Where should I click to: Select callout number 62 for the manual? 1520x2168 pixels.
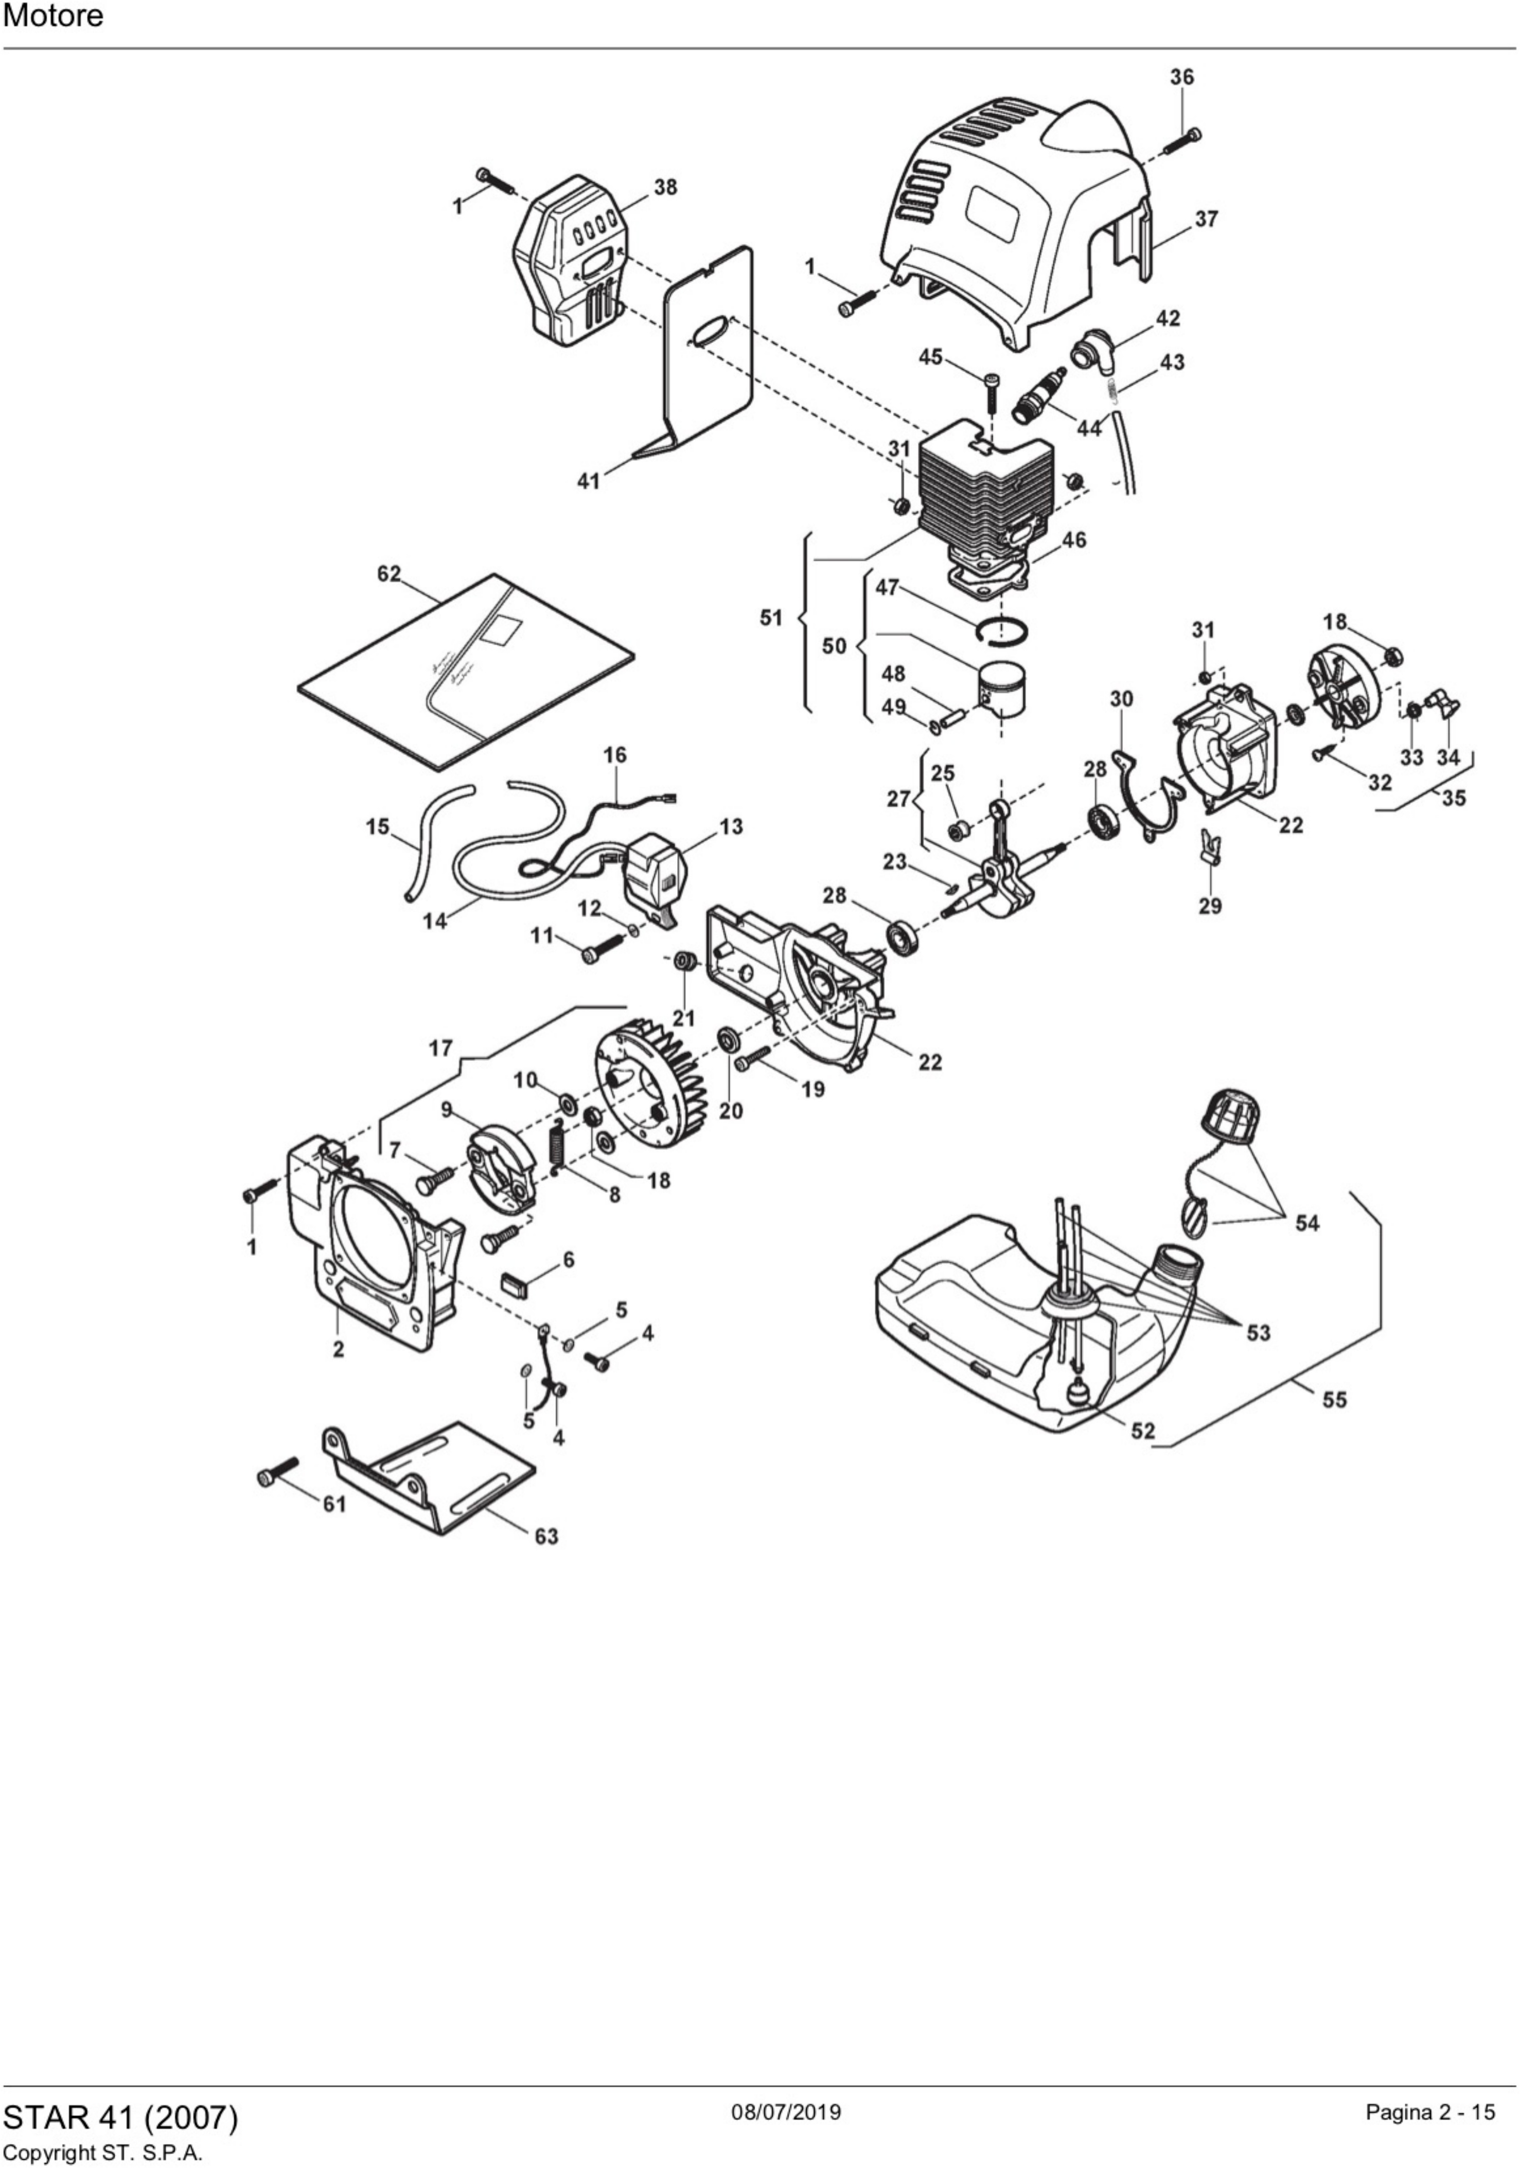[388, 574]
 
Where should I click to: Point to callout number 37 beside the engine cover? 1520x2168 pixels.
[1206, 219]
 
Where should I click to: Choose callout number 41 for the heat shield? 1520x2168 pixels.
[589, 481]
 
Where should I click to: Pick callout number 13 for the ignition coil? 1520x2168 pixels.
[730, 827]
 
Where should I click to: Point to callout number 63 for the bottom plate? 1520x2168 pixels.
[546, 1537]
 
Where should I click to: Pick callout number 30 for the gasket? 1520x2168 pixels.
[1121, 699]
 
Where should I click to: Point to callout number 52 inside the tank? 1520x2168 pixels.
[1142, 1431]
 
